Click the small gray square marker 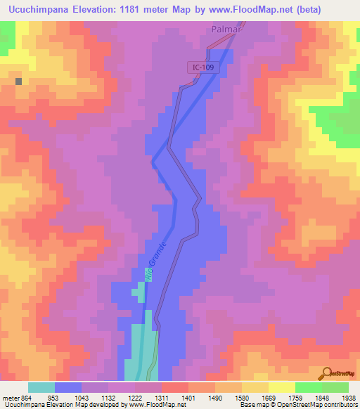[18, 81]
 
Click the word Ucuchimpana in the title [35, 10]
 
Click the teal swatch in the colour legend [41, 387]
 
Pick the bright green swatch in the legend [309, 387]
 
